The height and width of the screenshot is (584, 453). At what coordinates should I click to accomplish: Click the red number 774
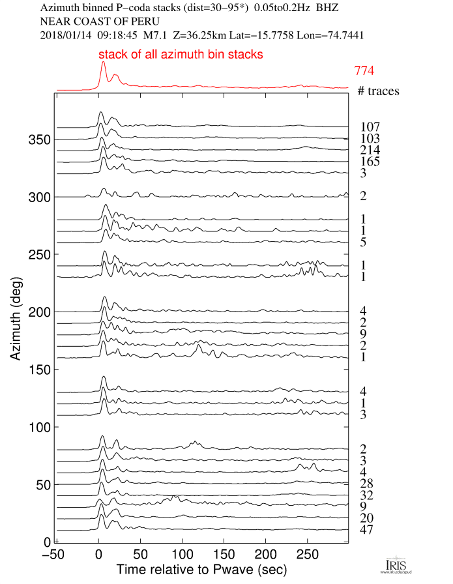pos(364,70)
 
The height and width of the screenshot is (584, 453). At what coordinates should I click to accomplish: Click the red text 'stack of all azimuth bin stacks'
pos(181,55)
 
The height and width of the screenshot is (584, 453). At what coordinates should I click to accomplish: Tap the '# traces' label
pos(378,91)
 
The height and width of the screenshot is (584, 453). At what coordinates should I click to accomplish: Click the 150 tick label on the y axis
pos(37,370)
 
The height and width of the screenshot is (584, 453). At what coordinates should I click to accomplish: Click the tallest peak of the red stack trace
pos(103,63)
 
